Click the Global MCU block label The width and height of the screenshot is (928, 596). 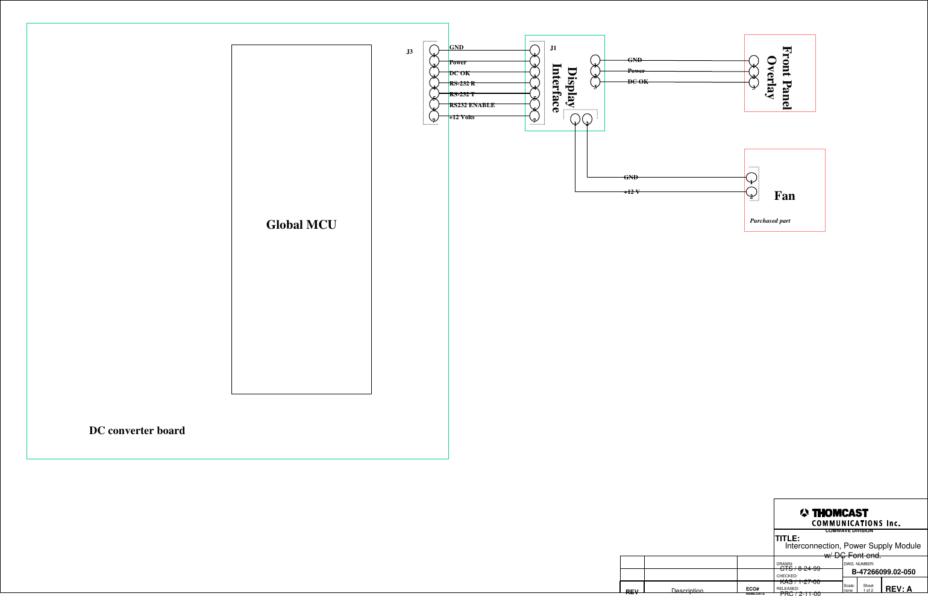(x=301, y=225)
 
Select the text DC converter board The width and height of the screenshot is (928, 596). (x=137, y=430)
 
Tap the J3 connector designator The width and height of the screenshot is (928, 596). (x=409, y=52)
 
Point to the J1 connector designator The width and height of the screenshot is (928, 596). (x=553, y=48)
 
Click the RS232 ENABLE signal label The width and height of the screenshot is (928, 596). (x=472, y=105)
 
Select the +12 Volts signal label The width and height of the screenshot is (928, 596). (x=462, y=117)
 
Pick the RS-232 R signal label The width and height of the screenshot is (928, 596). (x=462, y=84)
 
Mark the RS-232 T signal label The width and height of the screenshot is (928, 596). (x=462, y=95)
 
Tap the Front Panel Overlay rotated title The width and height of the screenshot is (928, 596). (x=779, y=77)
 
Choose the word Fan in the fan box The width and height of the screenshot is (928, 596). (x=784, y=196)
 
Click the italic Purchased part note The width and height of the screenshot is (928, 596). (x=770, y=221)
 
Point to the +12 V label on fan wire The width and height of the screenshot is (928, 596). (x=632, y=191)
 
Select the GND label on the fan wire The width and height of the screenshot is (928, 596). (x=630, y=178)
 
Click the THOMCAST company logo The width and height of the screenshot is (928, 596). (x=835, y=513)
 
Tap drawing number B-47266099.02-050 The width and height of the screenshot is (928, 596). (x=883, y=572)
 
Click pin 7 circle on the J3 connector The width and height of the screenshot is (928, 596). (x=434, y=117)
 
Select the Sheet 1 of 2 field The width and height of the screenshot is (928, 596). (x=868, y=588)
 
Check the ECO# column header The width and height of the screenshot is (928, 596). (x=752, y=589)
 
